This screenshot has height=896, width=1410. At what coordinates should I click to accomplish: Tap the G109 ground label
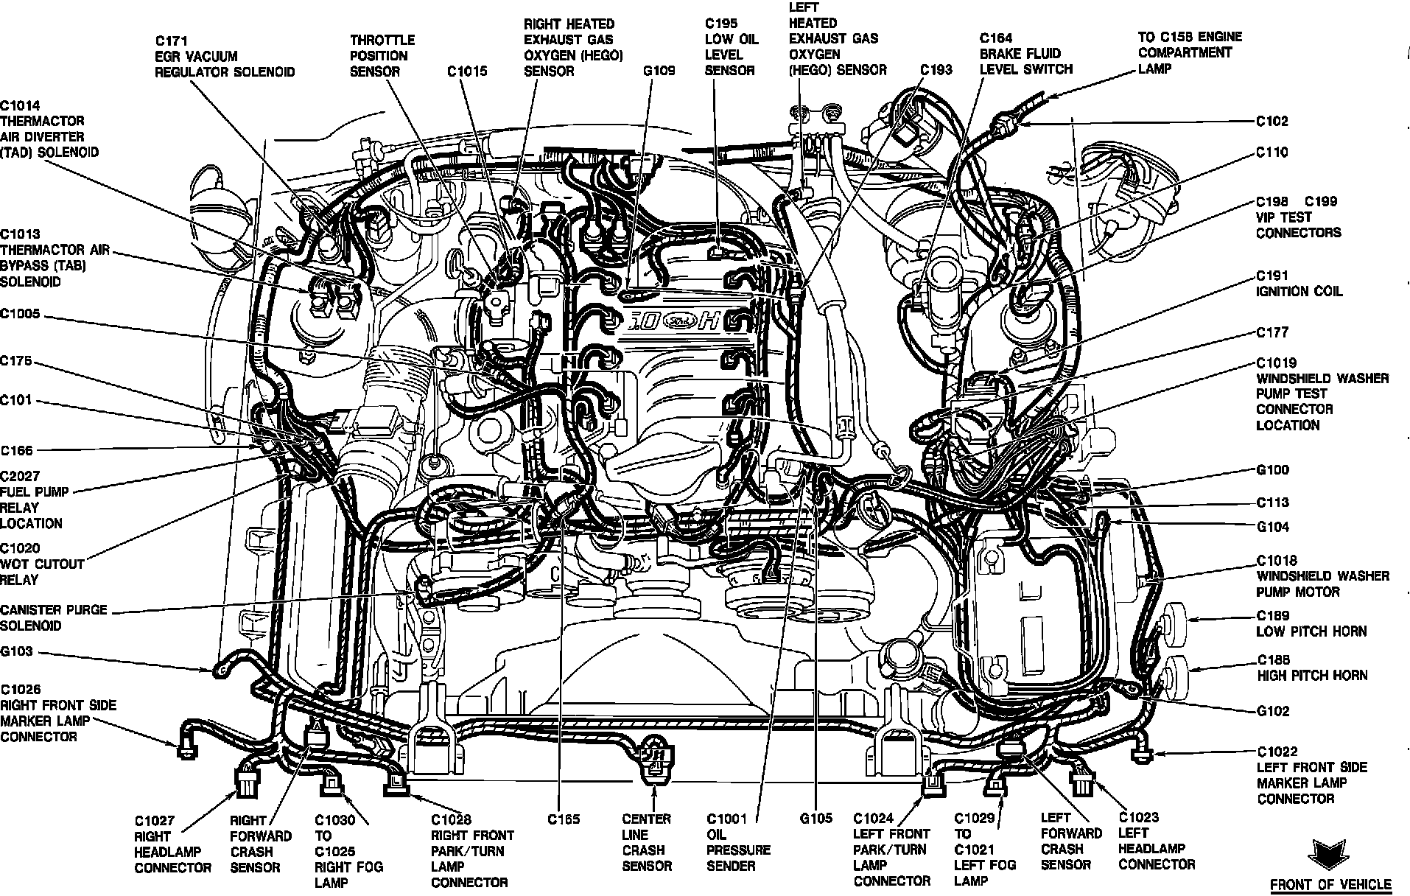click(x=659, y=71)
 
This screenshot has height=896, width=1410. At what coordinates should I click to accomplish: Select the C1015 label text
click(x=467, y=71)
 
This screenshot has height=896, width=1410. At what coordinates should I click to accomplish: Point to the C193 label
click(x=936, y=70)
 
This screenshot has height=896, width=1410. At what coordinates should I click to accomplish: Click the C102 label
click(x=1272, y=121)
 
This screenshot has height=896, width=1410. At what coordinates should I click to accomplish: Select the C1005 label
click(x=20, y=315)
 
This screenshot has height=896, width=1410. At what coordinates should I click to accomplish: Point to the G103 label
click(x=16, y=652)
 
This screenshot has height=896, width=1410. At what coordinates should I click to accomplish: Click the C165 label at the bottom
click(x=564, y=819)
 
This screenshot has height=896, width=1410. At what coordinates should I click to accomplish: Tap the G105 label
click(x=816, y=818)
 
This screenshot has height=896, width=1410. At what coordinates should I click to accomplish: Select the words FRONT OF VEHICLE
click(x=1330, y=884)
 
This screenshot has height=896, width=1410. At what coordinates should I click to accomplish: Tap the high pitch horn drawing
click(x=1177, y=675)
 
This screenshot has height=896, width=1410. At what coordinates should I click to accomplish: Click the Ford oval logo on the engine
click(x=674, y=321)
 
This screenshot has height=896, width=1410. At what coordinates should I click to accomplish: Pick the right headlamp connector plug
click(x=245, y=783)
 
